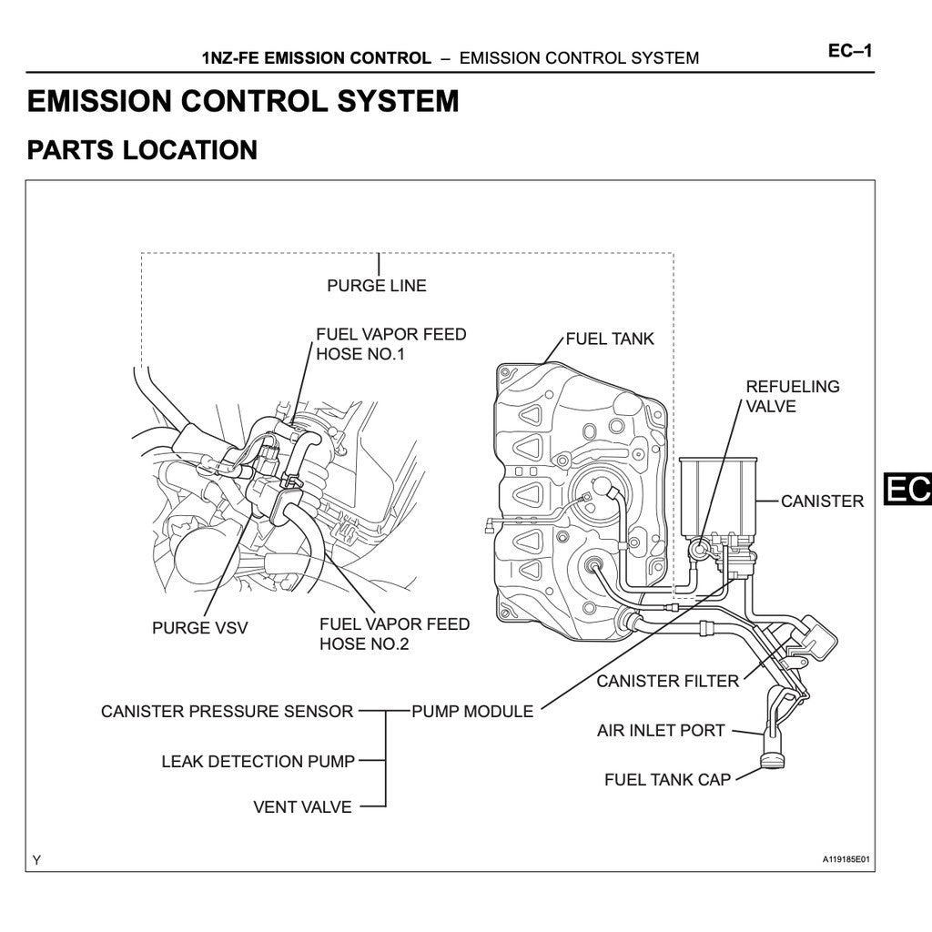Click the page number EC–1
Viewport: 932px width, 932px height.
pos(849,50)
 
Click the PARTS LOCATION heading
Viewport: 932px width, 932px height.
pos(142,150)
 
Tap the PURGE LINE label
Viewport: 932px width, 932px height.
pos(376,285)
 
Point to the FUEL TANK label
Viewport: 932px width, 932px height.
pos(610,339)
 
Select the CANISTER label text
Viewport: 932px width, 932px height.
pos(822,501)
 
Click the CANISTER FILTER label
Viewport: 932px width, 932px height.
pos(667,681)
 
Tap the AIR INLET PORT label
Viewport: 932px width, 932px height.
pos(661,730)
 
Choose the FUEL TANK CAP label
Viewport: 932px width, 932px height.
pos(667,779)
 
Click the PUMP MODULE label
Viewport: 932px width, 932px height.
pos(472,711)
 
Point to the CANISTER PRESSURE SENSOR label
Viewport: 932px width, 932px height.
pos(227,711)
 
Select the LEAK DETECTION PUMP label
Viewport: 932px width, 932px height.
pos(258,761)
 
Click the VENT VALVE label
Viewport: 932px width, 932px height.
pos(302,806)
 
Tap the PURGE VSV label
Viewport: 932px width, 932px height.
pos(199,627)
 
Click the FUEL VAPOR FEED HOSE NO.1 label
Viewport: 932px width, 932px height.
pos(390,344)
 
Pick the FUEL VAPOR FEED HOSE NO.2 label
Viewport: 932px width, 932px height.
pos(394,633)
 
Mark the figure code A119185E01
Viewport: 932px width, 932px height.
pos(846,859)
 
